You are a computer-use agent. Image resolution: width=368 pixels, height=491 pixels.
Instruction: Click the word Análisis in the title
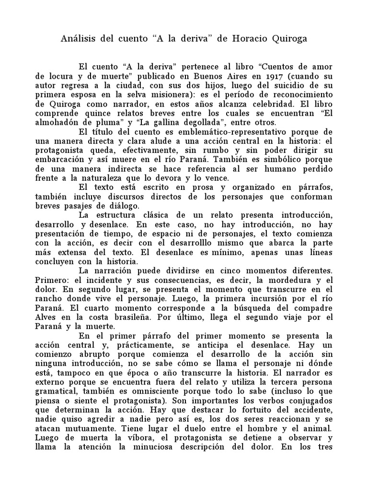(x=78, y=38)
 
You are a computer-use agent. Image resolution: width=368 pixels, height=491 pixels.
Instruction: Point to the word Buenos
(x=200, y=75)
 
